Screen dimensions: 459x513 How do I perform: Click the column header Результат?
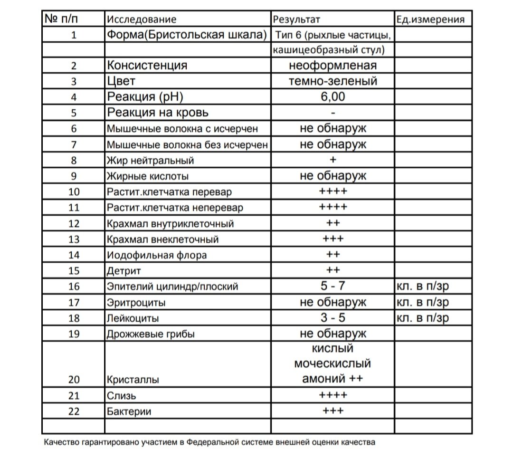pyautogui.click(x=296, y=19)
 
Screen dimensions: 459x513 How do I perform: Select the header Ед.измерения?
pyautogui.click(x=429, y=19)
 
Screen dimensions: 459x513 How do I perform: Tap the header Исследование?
pyautogui.click(x=142, y=19)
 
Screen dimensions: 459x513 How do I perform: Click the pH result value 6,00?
pyautogui.click(x=332, y=97)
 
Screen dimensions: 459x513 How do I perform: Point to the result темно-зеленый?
pyautogui.click(x=332, y=81)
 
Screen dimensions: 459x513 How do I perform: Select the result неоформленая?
pyautogui.click(x=332, y=66)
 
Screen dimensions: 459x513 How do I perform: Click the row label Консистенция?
pyautogui.click(x=147, y=66)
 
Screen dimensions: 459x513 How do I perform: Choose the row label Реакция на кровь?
pyautogui.click(x=158, y=113)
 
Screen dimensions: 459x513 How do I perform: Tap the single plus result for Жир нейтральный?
pyautogui.click(x=332, y=160)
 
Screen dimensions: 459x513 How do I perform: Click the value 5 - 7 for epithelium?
pyautogui.click(x=332, y=286)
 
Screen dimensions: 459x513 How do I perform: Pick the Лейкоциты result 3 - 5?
pyautogui.click(x=332, y=317)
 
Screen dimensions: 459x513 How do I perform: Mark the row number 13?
pyautogui.click(x=74, y=239)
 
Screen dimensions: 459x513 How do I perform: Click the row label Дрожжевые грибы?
pyautogui.click(x=151, y=334)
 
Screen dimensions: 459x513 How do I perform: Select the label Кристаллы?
pyautogui.click(x=133, y=380)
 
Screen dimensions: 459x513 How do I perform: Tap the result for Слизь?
pyautogui.click(x=332, y=395)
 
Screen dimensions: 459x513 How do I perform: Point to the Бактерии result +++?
pyautogui.click(x=332, y=411)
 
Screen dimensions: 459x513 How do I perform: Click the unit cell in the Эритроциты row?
pyautogui.click(x=422, y=302)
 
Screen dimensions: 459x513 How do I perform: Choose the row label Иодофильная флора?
pyautogui.click(x=157, y=255)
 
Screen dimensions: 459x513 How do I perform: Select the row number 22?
pyautogui.click(x=74, y=411)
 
